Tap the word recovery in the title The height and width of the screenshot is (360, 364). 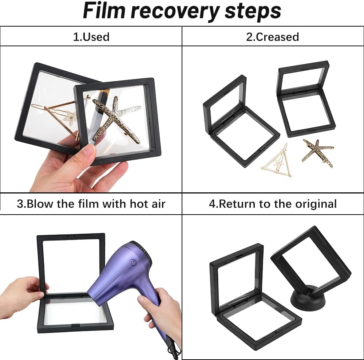[175, 12]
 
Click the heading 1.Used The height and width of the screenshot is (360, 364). [91, 37]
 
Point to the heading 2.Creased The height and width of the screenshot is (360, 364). [273, 37]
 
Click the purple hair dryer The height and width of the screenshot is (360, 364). [130, 286]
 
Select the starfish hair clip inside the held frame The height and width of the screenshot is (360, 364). [116, 119]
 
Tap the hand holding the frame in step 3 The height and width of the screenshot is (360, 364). [23, 293]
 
